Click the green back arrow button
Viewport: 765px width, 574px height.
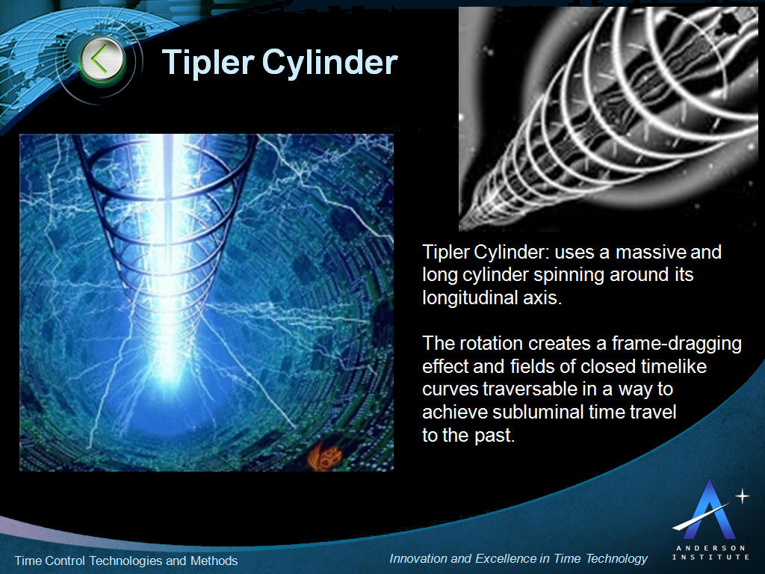tap(102, 61)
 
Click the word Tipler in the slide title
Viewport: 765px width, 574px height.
tap(208, 63)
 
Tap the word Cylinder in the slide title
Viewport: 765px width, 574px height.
tap(330, 63)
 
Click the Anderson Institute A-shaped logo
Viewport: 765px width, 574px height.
tap(707, 509)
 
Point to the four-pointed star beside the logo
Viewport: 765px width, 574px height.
tap(742, 496)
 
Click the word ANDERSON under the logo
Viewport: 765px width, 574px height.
tap(710, 548)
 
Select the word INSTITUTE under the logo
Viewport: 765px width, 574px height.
tap(710, 557)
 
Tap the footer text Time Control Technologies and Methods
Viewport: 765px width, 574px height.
tap(126, 561)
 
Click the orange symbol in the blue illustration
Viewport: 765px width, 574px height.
tap(326, 457)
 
